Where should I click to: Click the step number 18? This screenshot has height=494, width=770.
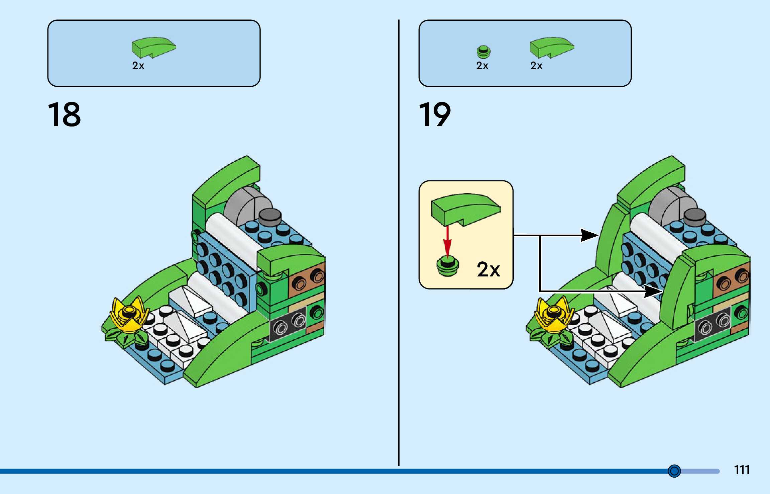64,115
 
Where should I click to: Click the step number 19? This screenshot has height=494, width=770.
435,115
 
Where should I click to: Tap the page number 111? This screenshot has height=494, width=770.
742,470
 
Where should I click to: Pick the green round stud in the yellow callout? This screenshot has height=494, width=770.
448,266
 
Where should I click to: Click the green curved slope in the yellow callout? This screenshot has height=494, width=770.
466,210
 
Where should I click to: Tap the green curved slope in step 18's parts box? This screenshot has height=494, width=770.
153,47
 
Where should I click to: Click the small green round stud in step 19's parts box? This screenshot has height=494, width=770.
483,52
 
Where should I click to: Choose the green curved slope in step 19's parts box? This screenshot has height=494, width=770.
552,47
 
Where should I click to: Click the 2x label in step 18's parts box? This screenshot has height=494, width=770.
138,66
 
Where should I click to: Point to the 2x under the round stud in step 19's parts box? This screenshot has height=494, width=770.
482,66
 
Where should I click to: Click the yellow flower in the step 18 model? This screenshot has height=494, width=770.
130,315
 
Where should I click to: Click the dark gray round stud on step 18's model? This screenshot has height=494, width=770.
270,217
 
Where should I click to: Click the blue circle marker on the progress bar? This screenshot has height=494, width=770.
674,471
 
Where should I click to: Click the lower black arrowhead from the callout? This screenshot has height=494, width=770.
653,291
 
